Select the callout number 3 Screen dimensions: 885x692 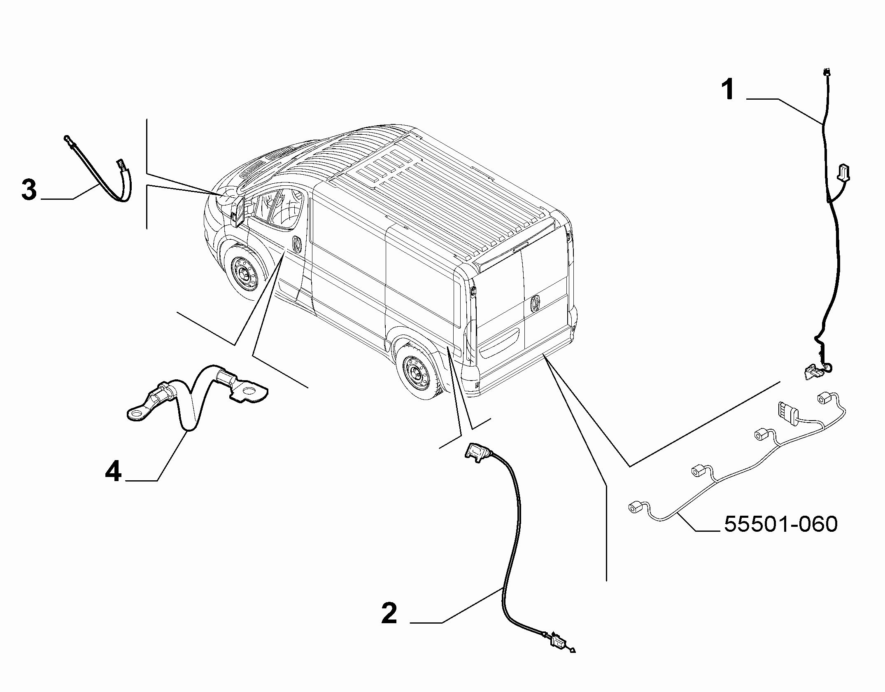click(29, 191)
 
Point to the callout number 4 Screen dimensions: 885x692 click(114, 472)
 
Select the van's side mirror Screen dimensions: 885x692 click(238, 211)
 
